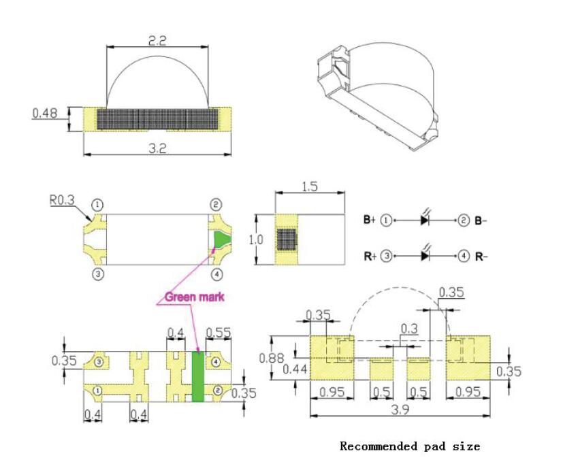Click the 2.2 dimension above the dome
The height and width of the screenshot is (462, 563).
(157, 41)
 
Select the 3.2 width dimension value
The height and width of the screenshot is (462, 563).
(157, 148)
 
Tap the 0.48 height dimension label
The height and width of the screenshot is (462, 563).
(45, 114)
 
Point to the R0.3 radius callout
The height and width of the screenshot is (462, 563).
(62, 200)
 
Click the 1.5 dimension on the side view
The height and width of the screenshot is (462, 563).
(310, 186)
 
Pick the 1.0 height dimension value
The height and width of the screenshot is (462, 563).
(256, 240)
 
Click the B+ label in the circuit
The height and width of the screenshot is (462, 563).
(370, 219)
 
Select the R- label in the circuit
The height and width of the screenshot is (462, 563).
(481, 257)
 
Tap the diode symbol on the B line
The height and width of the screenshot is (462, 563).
(425, 220)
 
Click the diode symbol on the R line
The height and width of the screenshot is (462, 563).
(425, 256)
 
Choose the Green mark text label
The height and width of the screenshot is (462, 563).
(194, 297)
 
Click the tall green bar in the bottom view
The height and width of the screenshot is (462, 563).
(198, 376)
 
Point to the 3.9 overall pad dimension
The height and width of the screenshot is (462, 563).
(400, 410)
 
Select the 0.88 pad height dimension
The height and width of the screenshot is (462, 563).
(272, 358)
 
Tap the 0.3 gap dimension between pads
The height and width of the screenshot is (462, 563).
(409, 329)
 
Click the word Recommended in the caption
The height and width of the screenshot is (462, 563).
(379, 446)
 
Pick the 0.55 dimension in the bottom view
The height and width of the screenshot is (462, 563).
(219, 333)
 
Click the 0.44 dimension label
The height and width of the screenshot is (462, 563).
(295, 369)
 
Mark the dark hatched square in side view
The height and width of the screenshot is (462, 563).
(287, 240)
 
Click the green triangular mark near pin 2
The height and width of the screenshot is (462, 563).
(222, 239)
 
